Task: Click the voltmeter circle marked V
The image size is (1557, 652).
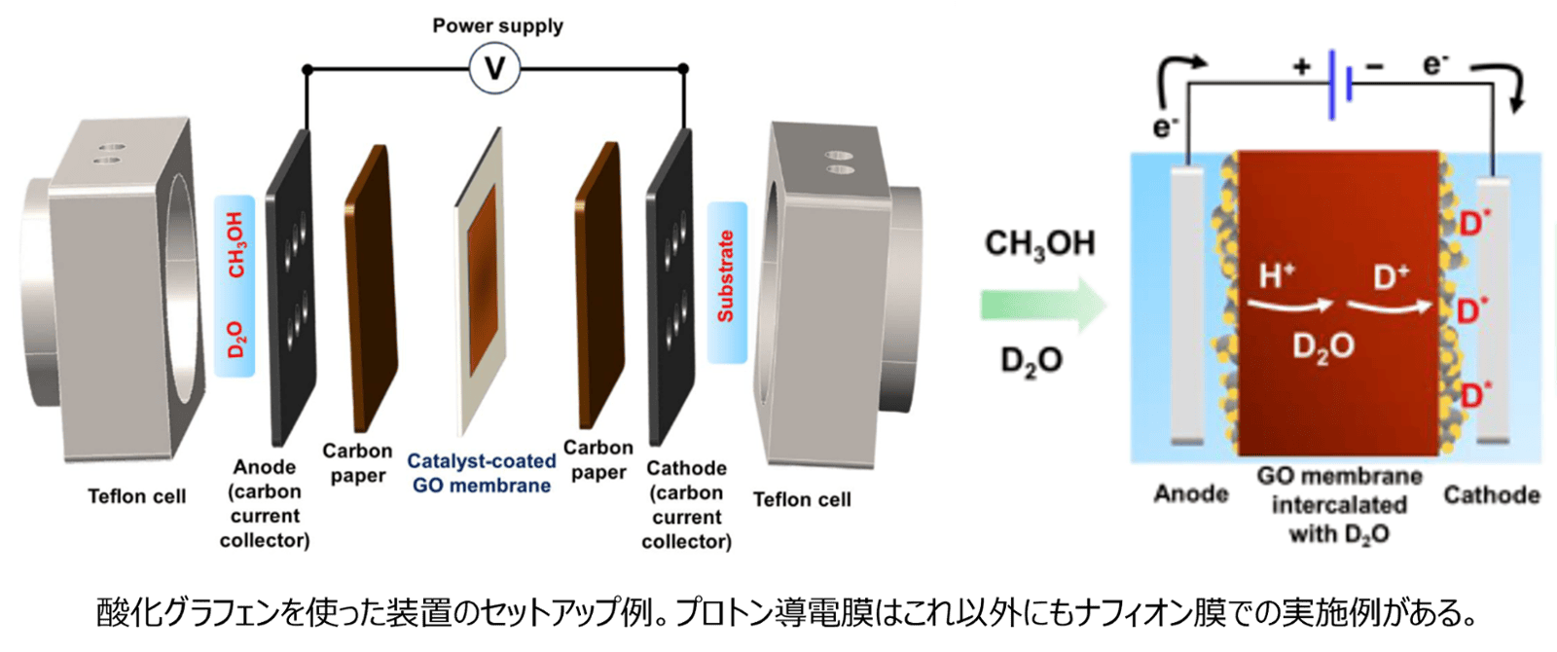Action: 494,68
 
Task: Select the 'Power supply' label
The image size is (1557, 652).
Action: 497,25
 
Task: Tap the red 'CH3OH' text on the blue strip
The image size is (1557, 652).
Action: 235,244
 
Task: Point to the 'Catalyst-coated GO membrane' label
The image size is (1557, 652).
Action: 482,473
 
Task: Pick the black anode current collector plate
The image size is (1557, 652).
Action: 292,287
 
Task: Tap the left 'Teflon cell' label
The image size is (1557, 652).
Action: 136,496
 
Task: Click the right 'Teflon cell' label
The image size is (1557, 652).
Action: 802,499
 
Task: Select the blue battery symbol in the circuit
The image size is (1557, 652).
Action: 1340,85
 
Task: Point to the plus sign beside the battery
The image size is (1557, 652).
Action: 1302,66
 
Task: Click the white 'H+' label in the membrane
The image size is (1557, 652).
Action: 1277,275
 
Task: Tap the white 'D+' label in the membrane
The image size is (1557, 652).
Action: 1392,277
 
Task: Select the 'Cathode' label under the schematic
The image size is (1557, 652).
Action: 1492,495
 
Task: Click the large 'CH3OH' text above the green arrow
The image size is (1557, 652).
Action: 1040,243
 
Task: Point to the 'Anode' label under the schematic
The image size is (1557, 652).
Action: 1191,493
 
